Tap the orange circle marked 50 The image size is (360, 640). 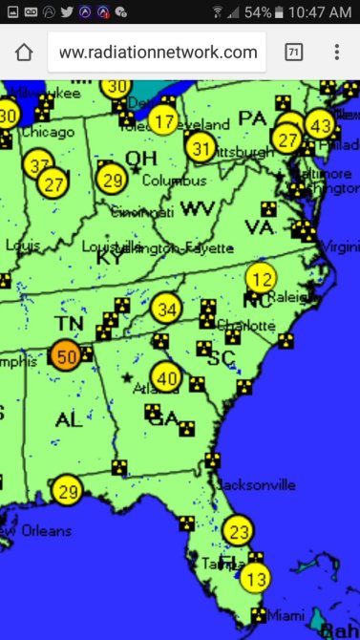[x=66, y=357]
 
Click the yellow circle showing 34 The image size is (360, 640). [x=166, y=309]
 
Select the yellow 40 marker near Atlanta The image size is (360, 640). [x=166, y=377]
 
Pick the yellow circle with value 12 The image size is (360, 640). [x=261, y=278]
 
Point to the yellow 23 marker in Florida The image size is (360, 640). [x=239, y=531]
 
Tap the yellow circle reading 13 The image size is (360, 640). [x=255, y=578]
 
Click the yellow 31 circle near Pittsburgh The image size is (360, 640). [x=201, y=148]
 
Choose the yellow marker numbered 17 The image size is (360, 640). [x=164, y=121]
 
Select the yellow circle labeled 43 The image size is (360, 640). [x=321, y=125]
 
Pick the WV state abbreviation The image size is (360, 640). [x=200, y=208]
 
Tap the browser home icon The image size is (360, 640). [x=24, y=53]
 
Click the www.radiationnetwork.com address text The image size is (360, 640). [x=158, y=53]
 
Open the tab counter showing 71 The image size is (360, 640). [x=294, y=53]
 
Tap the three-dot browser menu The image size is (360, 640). [x=336, y=53]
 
